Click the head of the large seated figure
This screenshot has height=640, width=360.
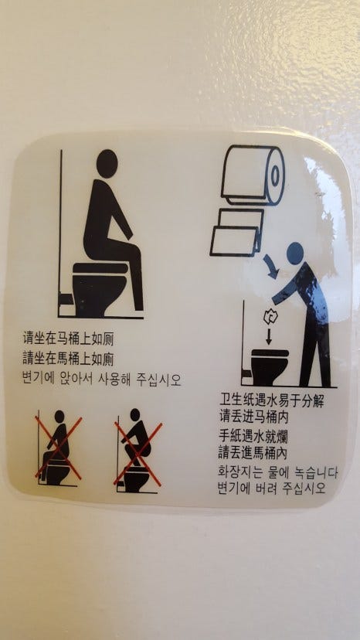click(x=107, y=164)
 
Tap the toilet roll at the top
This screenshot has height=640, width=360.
click(x=253, y=175)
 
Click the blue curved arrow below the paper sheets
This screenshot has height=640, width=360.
click(x=271, y=266)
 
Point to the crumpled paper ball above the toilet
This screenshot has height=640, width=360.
click(x=269, y=317)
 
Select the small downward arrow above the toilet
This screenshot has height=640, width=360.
click(x=269, y=336)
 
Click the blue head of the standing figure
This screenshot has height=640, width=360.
click(x=295, y=253)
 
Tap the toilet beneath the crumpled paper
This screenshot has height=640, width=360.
click(x=270, y=366)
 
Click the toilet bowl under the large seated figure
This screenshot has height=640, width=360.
click(x=100, y=289)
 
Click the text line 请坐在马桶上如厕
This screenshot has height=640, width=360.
click(x=68, y=339)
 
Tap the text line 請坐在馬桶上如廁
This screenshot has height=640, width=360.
click(x=68, y=359)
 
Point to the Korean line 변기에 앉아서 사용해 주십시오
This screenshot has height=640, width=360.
click(x=102, y=380)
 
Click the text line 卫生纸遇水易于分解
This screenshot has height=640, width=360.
click(x=271, y=400)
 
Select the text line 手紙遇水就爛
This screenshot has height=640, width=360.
click(x=253, y=436)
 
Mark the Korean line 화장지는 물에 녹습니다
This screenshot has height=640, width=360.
click(x=278, y=473)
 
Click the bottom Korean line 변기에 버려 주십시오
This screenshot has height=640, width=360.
click(x=272, y=489)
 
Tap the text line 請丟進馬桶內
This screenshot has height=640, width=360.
click(x=253, y=453)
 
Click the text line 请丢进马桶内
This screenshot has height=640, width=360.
click(x=253, y=417)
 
